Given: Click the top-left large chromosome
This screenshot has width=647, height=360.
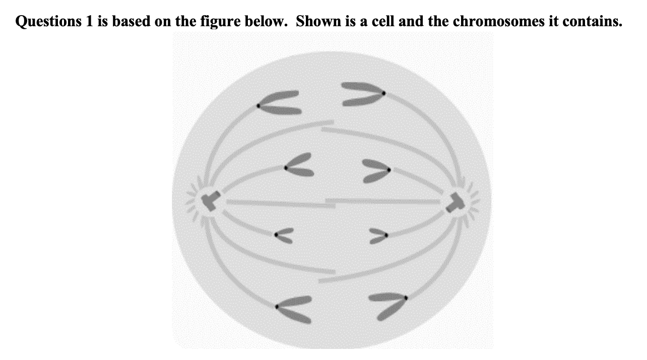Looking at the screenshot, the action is pyautogui.click(x=280, y=103).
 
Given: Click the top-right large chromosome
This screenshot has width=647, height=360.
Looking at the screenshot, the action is pyautogui.click(x=362, y=93).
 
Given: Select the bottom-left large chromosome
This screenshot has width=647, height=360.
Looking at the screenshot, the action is pyautogui.click(x=295, y=309).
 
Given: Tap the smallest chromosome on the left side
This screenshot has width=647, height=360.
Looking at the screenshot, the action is pyautogui.click(x=284, y=235).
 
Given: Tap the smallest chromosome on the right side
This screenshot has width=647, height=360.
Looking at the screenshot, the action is pyautogui.click(x=378, y=235).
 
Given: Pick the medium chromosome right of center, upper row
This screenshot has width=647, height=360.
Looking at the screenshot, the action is pyautogui.click(x=376, y=170).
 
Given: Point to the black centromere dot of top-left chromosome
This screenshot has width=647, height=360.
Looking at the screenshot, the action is pyautogui.click(x=258, y=105).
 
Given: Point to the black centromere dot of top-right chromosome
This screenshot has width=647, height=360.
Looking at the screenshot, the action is pyautogui.click(x=383, y=93).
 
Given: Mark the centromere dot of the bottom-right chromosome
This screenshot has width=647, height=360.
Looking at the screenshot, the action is pyautogui.click(x=406, y=298).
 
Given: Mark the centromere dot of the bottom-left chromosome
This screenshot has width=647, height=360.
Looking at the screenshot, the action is pyautogui.click(x=277, y=307).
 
